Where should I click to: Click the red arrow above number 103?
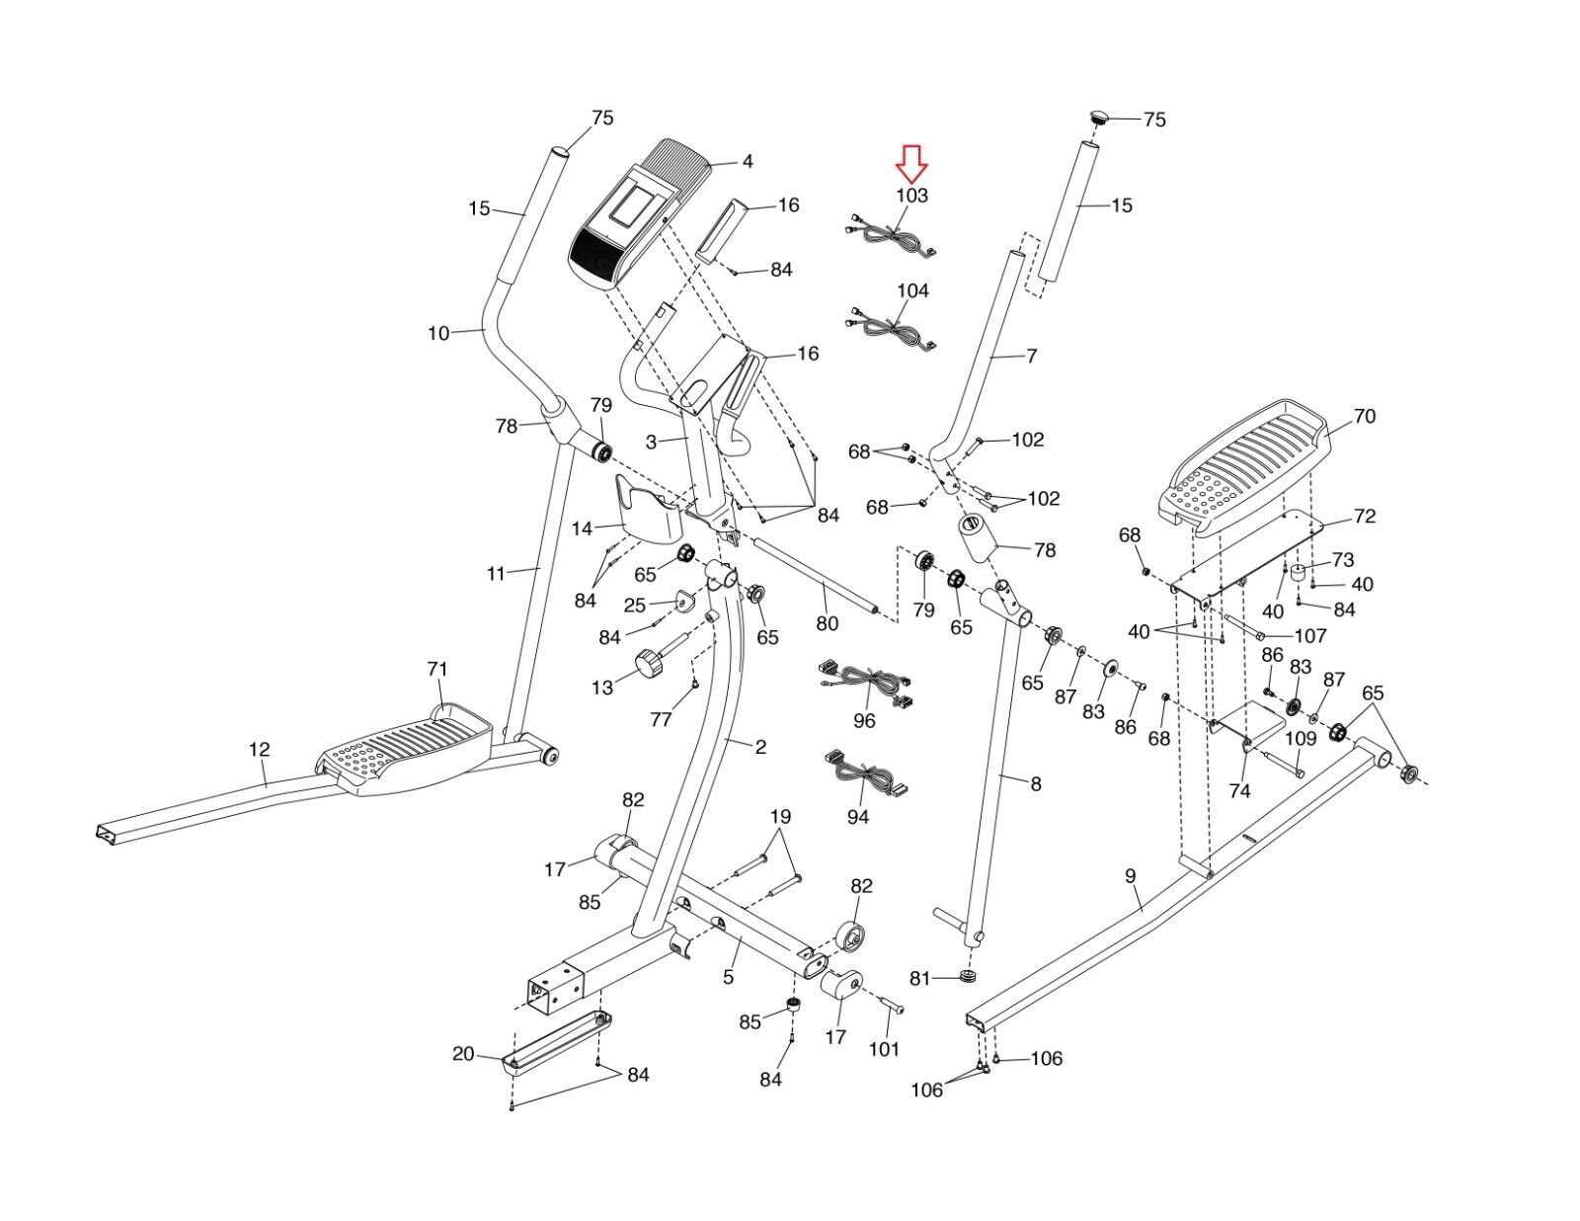pos(911,164)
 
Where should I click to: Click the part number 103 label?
pos(911,196)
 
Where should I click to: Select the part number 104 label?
pos(912,290)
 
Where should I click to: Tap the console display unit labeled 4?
pos(638,215)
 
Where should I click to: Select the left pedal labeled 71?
pos(403,748)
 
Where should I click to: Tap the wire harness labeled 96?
pos(865,684)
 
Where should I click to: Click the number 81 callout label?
pos(919,979)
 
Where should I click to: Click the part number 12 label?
pos(259,749)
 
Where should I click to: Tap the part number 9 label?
pos(1130,876)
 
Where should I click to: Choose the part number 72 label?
pos(1365,516)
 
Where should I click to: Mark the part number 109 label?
pos(1301,738)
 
